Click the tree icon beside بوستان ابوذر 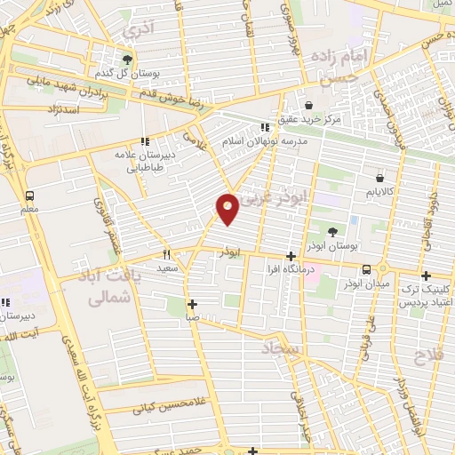point(331,232)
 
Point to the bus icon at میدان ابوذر point(366,269)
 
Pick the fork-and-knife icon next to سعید point(165,253)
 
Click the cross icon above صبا point(192,303)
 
